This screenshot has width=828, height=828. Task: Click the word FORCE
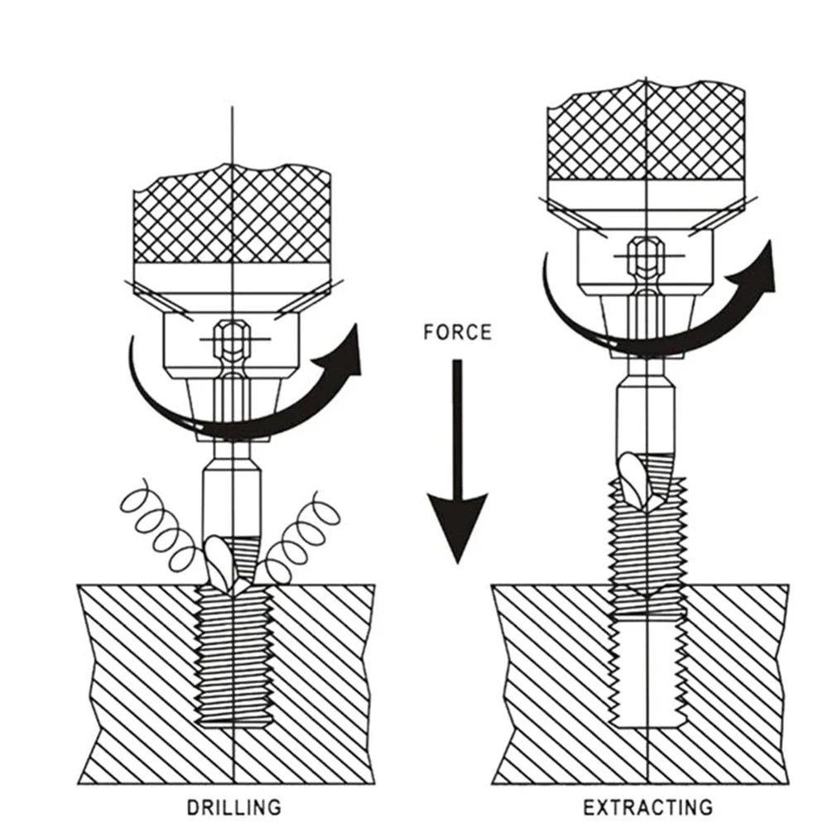click(x=456, y=332)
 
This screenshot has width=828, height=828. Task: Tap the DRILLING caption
click(x=234, y=806)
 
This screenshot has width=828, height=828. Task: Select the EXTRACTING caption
click(x=647, y=806)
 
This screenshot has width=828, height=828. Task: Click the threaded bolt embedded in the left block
click(x=234, y=654)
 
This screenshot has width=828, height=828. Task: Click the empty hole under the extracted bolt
click(x=648, y=671)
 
